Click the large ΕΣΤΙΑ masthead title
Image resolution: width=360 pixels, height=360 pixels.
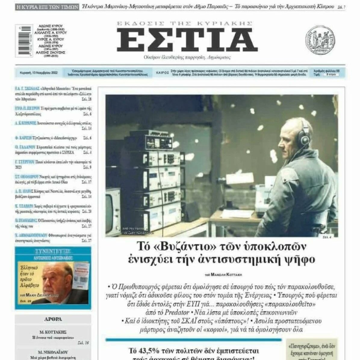187,40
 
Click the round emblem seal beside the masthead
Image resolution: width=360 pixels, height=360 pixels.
320,40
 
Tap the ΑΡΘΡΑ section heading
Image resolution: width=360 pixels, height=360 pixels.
53,319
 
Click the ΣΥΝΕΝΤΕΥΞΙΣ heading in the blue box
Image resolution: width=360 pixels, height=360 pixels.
53,252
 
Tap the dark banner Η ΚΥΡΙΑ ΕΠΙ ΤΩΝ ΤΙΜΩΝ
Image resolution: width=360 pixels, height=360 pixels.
47,7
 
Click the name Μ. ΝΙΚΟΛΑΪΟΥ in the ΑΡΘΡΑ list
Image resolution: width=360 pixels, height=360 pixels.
53,352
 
